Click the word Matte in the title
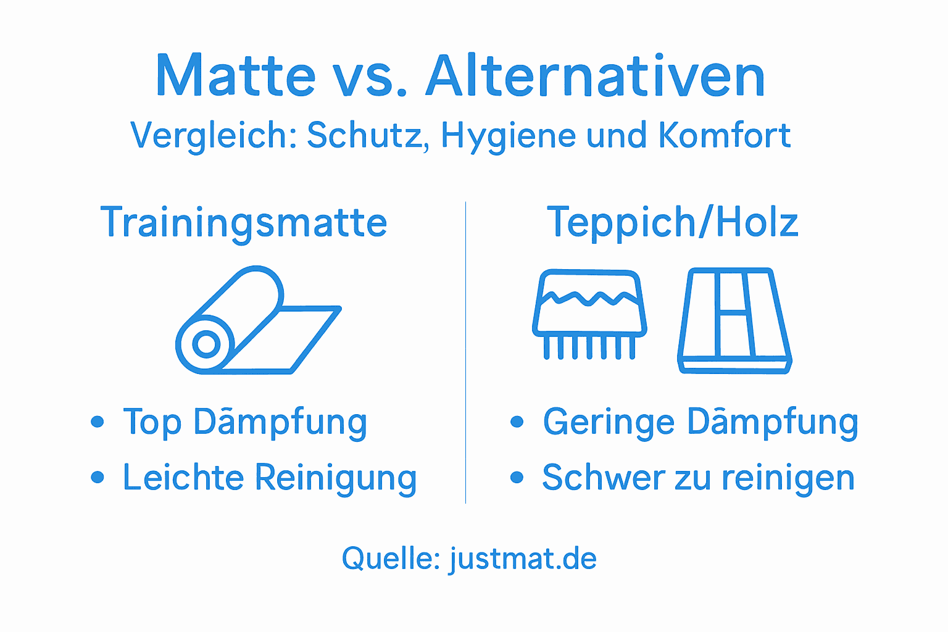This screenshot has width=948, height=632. click(236, 77)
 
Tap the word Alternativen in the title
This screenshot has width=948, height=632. click(596, 77)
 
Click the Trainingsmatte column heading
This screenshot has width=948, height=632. click(244, 223)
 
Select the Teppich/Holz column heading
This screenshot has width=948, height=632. click(672, 223)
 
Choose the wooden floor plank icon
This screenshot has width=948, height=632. click(734, 321)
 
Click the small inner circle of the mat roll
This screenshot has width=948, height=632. click(206, 344)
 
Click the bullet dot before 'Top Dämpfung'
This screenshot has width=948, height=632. click(97, 422)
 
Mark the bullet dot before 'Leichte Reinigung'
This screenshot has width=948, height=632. click(97, 478)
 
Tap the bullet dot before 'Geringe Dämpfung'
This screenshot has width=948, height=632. click(517, 422)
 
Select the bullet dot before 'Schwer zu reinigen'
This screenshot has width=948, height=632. click(517, 478)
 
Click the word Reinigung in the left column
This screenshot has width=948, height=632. click(336, 478)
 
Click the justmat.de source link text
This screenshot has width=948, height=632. click(523, 559)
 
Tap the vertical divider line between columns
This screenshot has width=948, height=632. click(465, 352)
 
